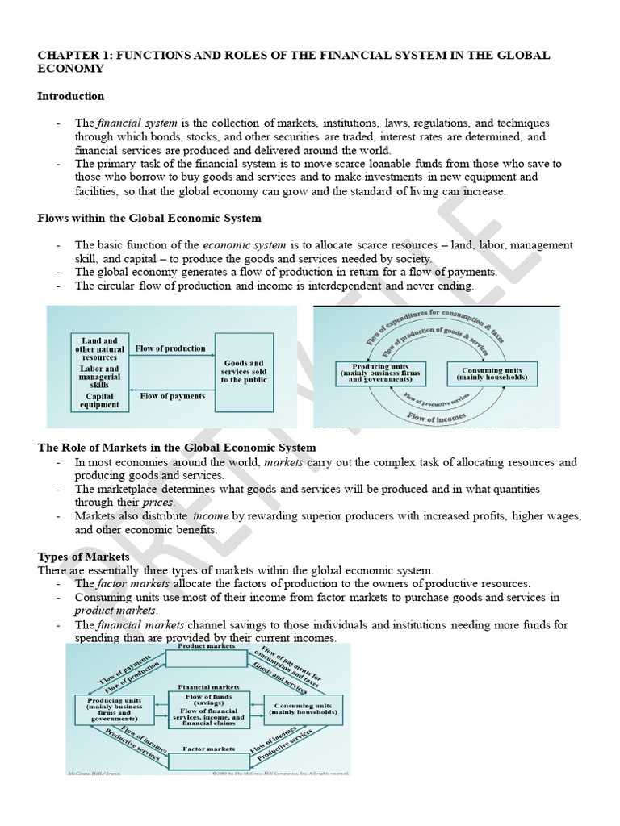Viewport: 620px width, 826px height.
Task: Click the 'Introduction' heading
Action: (70, 96)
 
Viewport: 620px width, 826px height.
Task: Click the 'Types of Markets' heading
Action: (83, 557)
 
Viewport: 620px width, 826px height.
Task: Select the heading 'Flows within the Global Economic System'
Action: (149, 218)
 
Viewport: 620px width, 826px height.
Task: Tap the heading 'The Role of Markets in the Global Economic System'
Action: (177, 448)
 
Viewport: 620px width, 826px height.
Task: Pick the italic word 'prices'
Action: (158, 503)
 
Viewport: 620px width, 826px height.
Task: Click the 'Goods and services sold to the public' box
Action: (244, 372)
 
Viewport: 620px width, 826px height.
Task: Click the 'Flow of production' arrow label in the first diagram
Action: (170, 349)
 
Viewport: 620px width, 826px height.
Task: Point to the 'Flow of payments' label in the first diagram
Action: (172, 396)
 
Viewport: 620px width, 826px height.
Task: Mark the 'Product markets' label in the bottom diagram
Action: (206, 646)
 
